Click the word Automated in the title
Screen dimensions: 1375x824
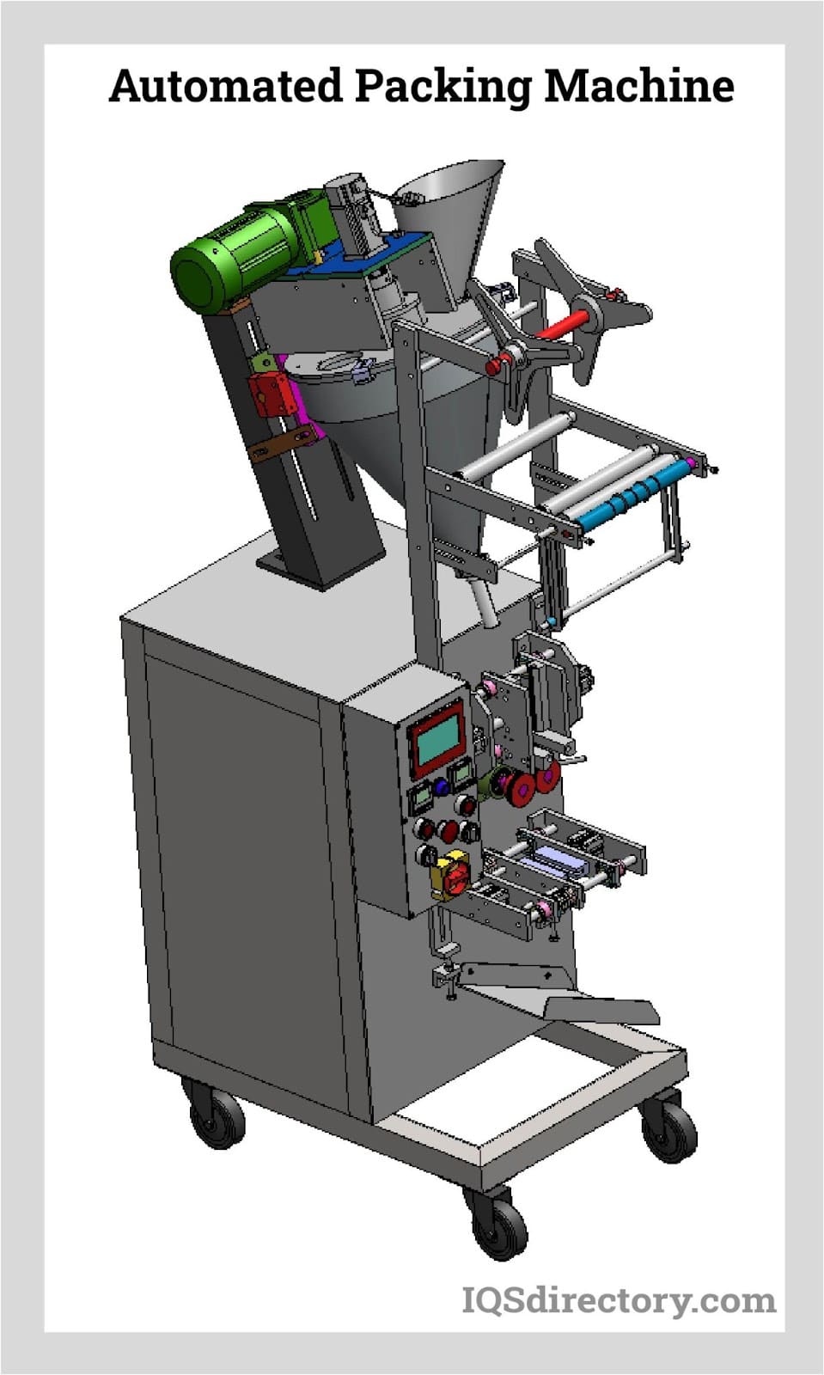coord(225,87)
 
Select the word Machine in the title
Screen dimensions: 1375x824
coord(639,87)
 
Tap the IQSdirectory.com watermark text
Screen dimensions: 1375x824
coord(619,1299)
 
